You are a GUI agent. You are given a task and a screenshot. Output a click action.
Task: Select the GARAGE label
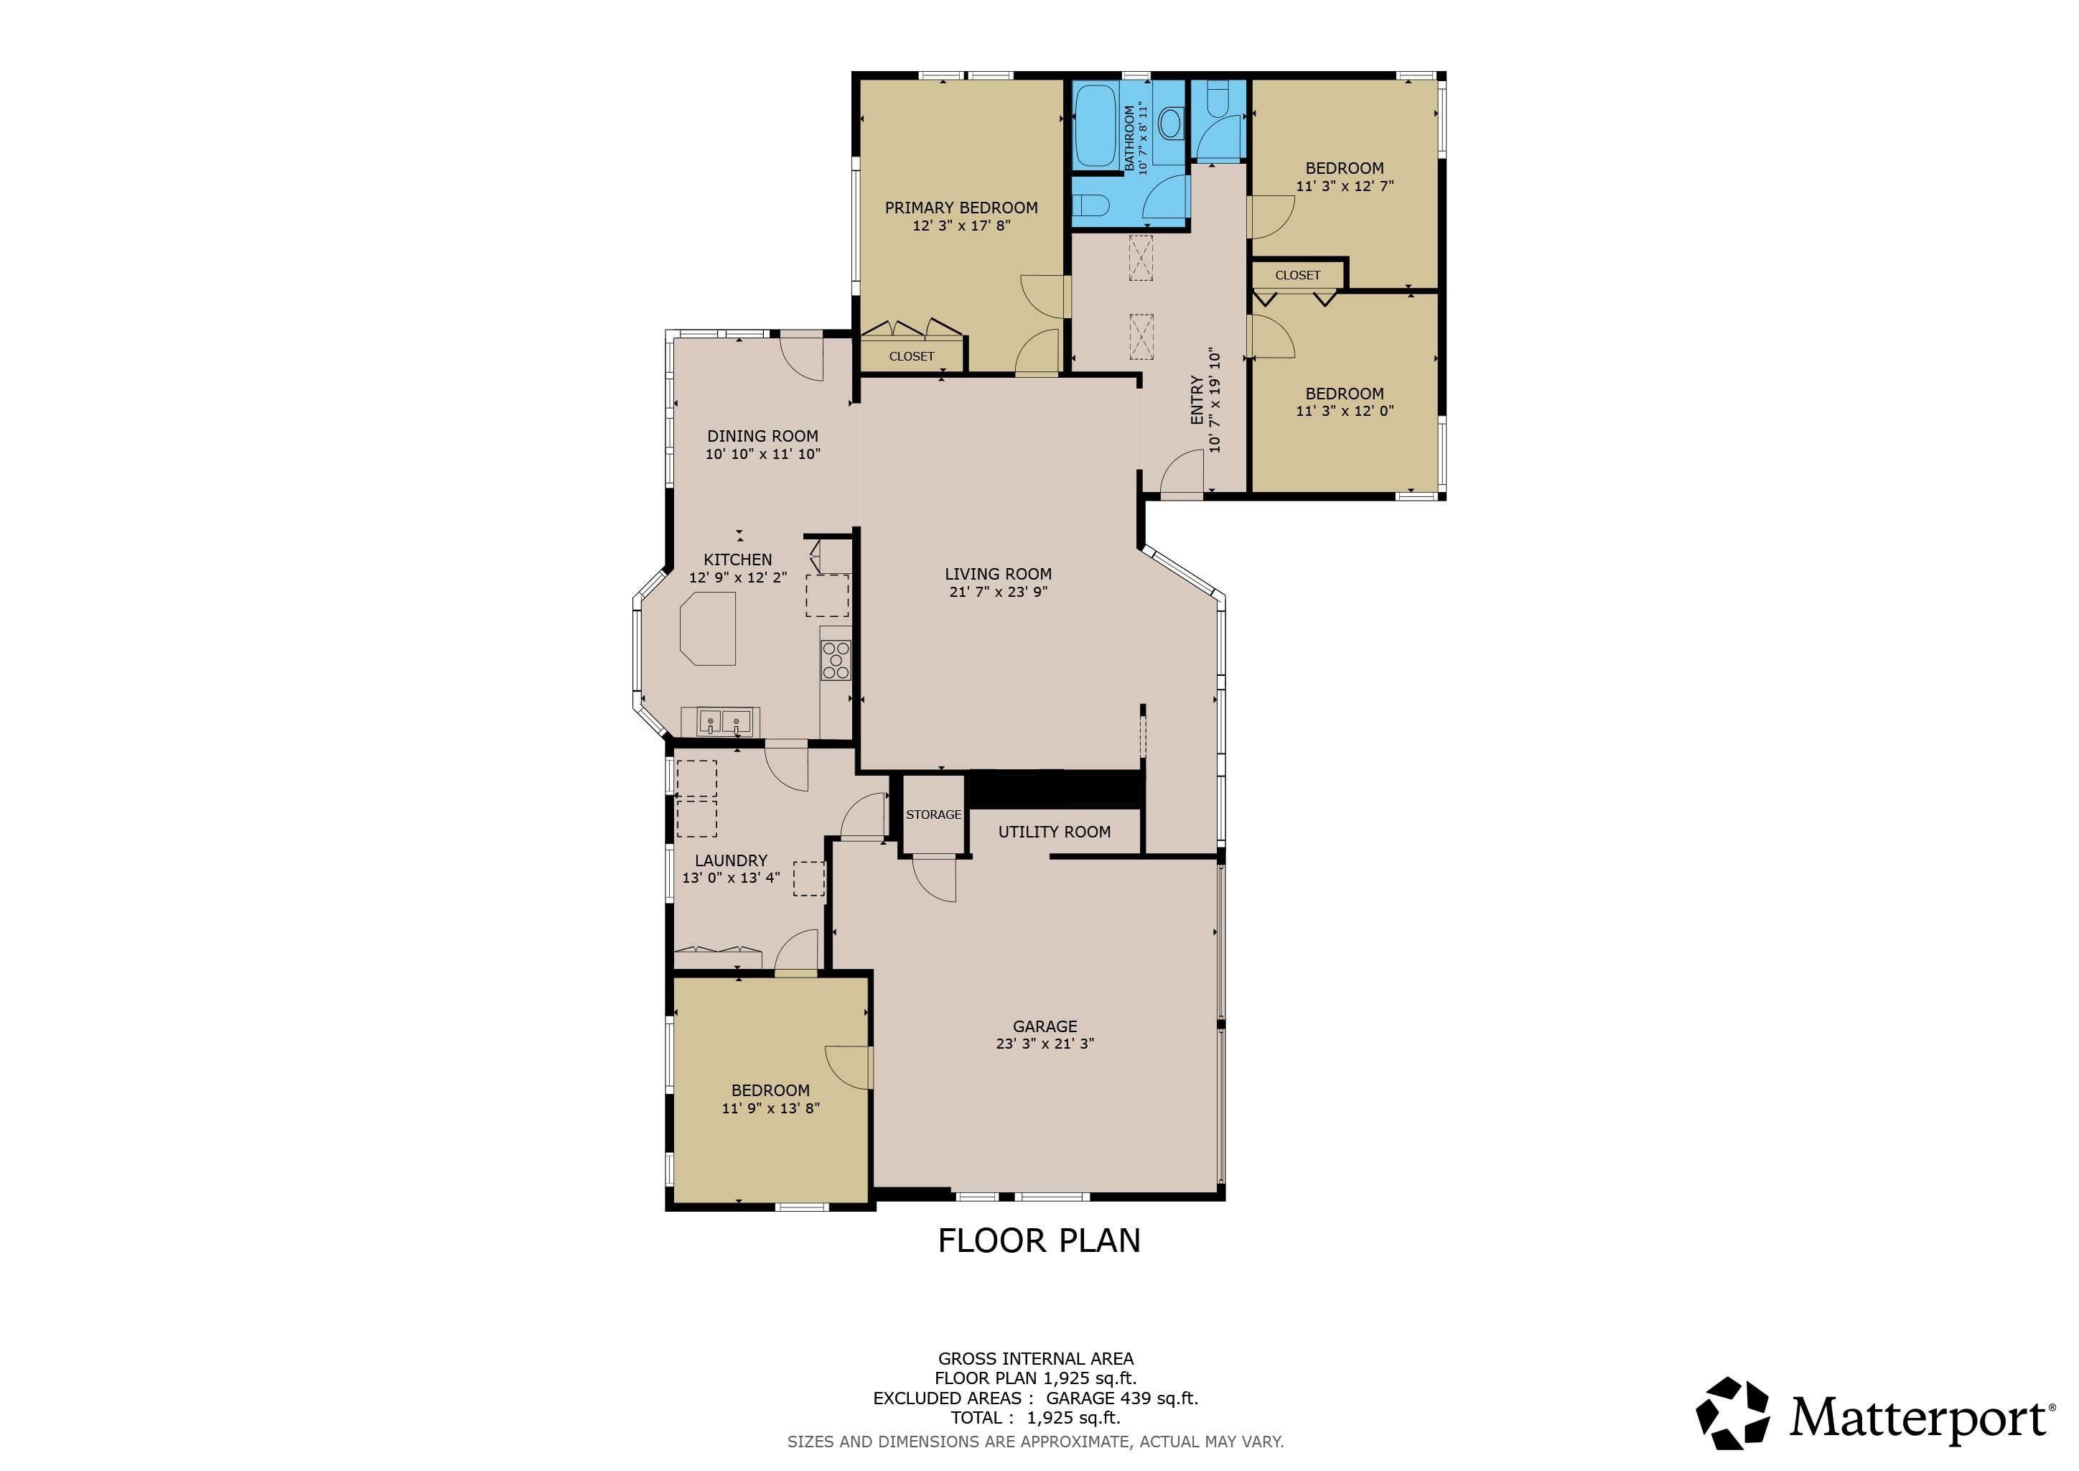pos(1045,1026)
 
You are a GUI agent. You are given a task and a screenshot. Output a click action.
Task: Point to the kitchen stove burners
pos(836,660)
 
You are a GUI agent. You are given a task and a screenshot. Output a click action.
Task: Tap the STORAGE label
pos(933,815)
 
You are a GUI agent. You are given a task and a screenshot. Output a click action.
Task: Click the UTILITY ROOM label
pos(1054,832)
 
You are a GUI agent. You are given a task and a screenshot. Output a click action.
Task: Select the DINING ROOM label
pos(762,437)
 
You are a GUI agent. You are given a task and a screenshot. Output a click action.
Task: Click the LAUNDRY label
pos(731,860)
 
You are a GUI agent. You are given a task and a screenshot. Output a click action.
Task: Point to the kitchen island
pos(708,628)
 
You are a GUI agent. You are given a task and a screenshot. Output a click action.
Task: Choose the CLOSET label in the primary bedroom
pos(911,357)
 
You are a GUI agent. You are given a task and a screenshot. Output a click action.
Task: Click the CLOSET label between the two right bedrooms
pos(1297,275)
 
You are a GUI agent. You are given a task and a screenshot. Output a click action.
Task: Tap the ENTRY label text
pos(1197,400)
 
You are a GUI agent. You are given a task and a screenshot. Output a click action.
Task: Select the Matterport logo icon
pos(1732,1413)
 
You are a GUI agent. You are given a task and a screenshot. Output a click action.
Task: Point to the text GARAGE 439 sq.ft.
pos(1122,1398)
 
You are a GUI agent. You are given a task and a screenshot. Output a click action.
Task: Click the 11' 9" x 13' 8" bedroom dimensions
pos(770,1108)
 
